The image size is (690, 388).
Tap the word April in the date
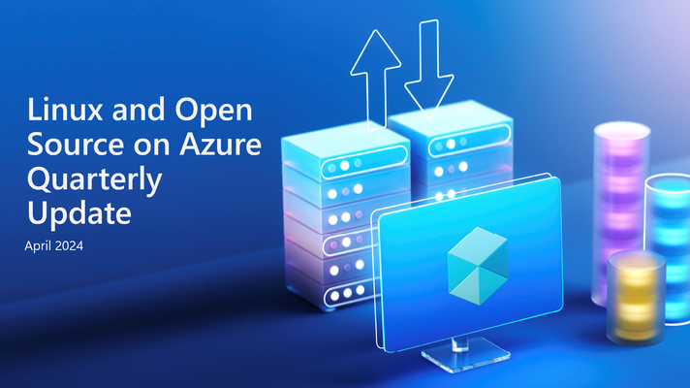coord(37,246)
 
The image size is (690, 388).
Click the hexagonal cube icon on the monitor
coord(478,266)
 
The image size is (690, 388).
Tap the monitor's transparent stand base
coord(465,354)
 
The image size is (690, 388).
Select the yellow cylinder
coord(636,298)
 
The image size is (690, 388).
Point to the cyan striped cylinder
coord(668,249)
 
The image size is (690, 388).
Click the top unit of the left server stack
coord(345,152)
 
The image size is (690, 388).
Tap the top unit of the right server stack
coord(451,129)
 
